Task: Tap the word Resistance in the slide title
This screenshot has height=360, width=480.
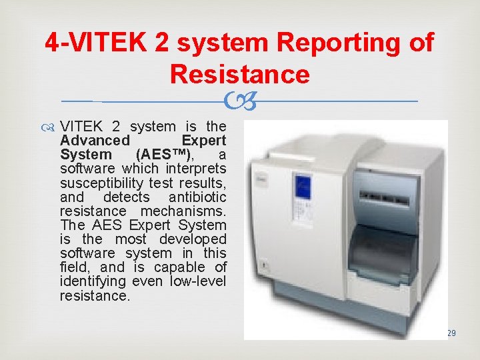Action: pyautogui.click(x=239, y=74)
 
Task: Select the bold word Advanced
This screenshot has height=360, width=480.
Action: pyautogui.click(x=95, y=141)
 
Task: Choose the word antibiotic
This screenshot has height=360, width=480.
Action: pyautogui.click(x=197, y=197)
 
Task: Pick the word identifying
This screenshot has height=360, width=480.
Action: pyautogui.click(x=93, y=281)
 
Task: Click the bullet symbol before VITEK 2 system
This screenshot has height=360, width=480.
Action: pyautogui.click(x=50, y=127)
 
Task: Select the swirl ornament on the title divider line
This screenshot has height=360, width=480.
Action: pyautogui.click(x=239, y=101)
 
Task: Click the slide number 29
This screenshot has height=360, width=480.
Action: pyautogui.click(x=451, y=332)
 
